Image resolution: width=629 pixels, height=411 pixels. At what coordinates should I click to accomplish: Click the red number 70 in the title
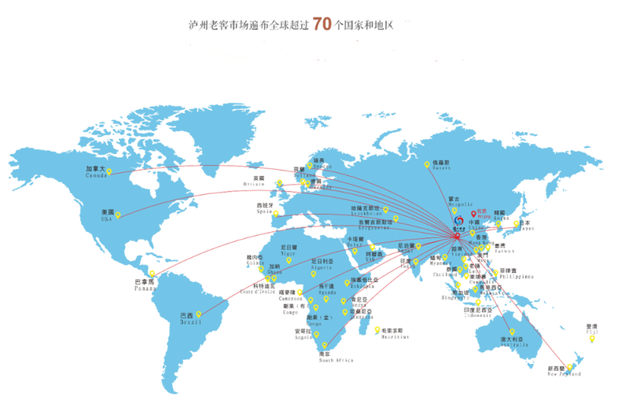pos(322,24)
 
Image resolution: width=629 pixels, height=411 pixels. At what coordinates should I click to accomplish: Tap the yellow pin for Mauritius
pos(378,329)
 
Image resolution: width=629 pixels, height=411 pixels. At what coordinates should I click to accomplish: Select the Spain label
pos(264,208)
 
